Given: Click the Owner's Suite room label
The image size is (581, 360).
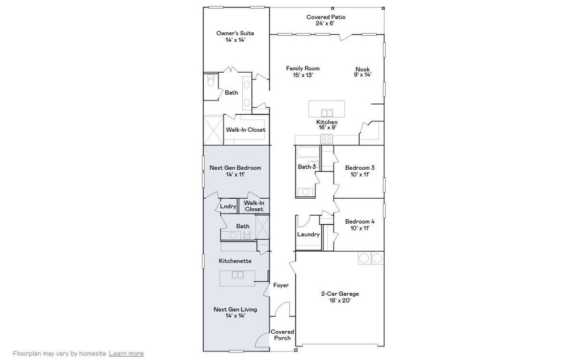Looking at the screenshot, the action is [x=235, y=36].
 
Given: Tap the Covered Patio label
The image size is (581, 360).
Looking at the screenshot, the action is [x=326, y=20].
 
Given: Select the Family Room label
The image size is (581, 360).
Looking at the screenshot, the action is [x=303, y=72].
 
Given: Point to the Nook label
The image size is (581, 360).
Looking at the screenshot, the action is [x=363, y=72].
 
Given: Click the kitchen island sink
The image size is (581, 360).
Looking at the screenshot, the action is [x=327, y=112].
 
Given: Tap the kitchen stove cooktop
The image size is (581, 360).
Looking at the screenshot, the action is [x=327, y=139].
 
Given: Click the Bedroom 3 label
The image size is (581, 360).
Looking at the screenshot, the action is [x=360, y=171].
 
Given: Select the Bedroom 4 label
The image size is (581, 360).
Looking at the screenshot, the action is [x=360, y=225].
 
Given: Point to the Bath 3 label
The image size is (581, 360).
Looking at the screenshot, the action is [x=307, y=167].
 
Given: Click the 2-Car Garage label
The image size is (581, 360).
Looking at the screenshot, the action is [x=340, y=297].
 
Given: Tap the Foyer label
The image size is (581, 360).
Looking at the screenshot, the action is [x=281, y=285].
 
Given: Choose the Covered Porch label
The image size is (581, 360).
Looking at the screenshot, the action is [x=283, y=335].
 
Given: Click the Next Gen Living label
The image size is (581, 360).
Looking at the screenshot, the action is [x=235, y=312].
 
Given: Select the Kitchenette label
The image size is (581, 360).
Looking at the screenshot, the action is [x=235, y=261].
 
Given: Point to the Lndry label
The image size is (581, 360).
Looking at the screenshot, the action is [x=228, y=207].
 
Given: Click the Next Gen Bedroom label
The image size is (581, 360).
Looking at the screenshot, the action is [x=235, y=171].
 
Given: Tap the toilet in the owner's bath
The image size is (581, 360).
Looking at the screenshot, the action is [x=210, y=80].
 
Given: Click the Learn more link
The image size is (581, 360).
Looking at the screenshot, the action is [x=127, y=354].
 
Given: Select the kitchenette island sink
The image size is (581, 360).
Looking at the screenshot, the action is [x=237, y=275].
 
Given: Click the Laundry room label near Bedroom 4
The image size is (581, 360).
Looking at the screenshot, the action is [x=308, y=235].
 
